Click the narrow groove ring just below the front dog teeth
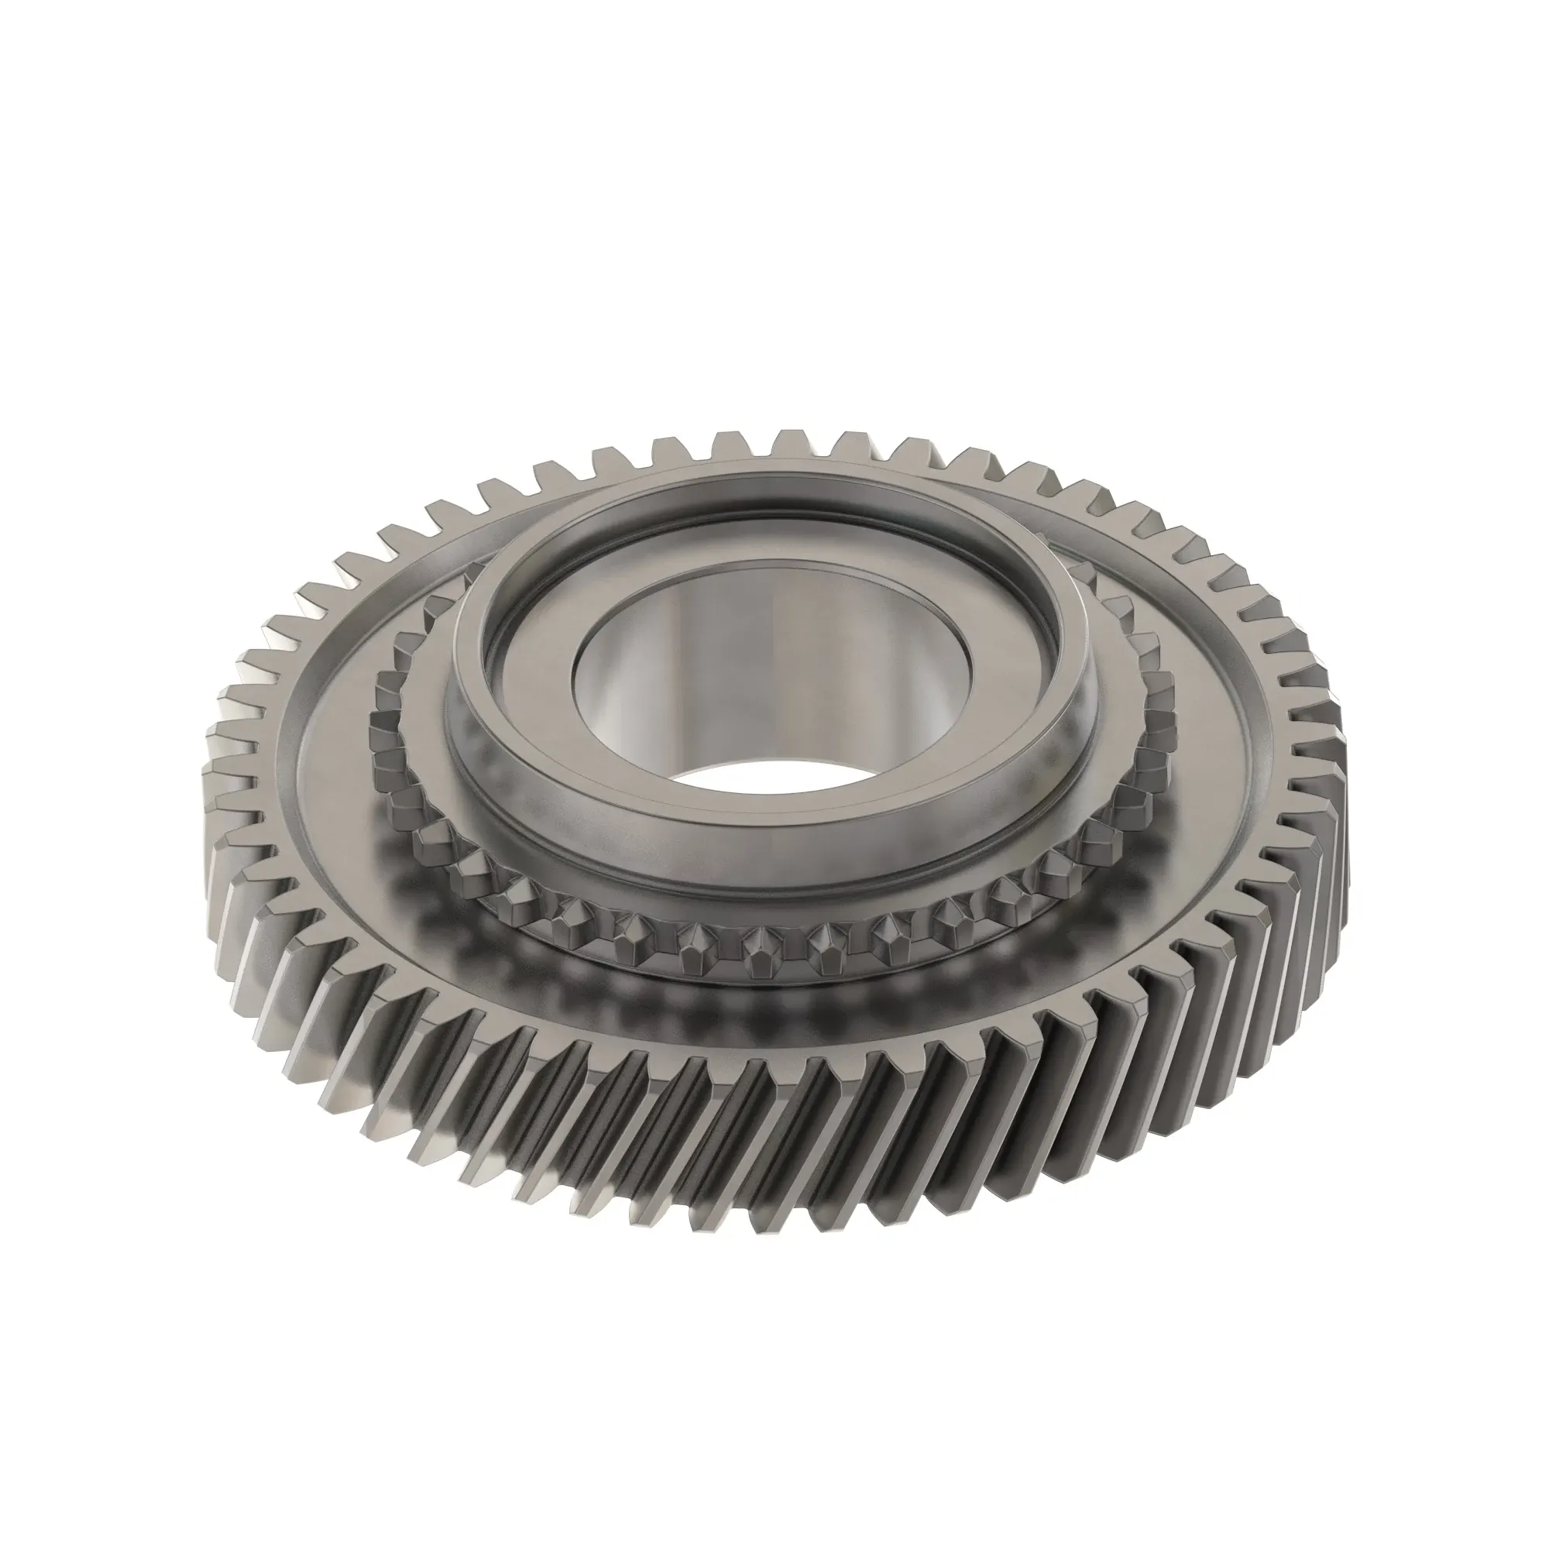(761, 983)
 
